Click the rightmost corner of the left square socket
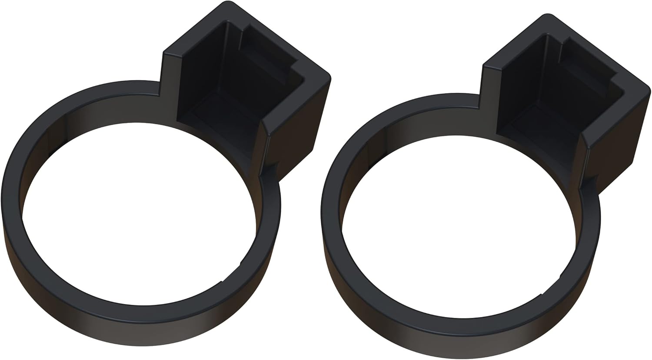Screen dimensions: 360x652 pyautogui.click(x=328, y=77)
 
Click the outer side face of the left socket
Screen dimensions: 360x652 pyautogui.click(x=296, y=126)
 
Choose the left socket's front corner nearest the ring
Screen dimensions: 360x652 pyautogui.click(x=264, y=130)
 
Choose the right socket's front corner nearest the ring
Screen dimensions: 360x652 pyautogui.click(x=584, y=143)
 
